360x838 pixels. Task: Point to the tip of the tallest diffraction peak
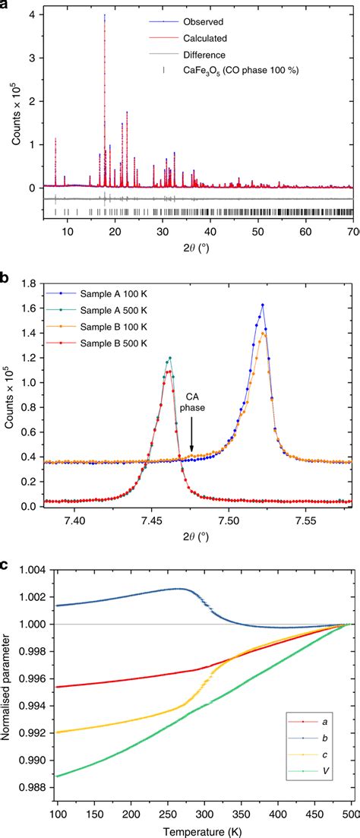pyautogui.click(x=104, y=14)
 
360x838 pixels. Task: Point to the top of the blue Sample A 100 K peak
pyautogui.click(x=262, y=305)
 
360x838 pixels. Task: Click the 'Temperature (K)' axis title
pyautogui.click(x=204, y=830)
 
